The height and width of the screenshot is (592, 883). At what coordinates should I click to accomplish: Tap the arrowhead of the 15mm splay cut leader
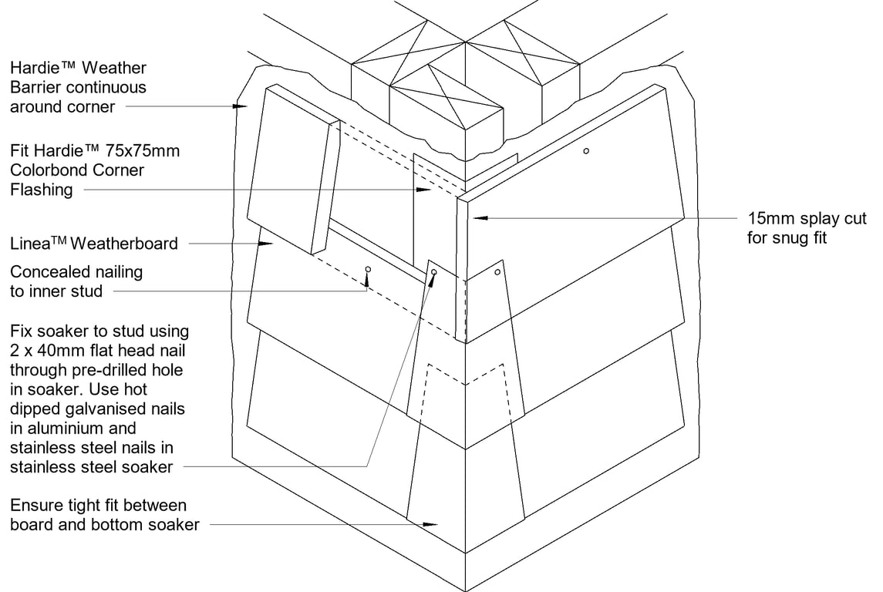pyautogui.click(x=475, y=218)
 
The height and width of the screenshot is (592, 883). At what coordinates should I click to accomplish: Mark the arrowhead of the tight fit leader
pyautogui.click(x=432, y=525)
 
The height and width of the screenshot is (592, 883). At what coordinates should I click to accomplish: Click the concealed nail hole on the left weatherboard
pyautogui.click(x=368, y=269)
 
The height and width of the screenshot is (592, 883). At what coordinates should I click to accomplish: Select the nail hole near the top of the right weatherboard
pyautogui.click(x=586, y=151)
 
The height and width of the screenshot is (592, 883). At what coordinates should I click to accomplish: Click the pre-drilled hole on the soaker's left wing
pyautogui.click(x=434, y=272)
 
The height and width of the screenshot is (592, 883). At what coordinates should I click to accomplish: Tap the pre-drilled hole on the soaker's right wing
pyautogui.click(x=497, y=271)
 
